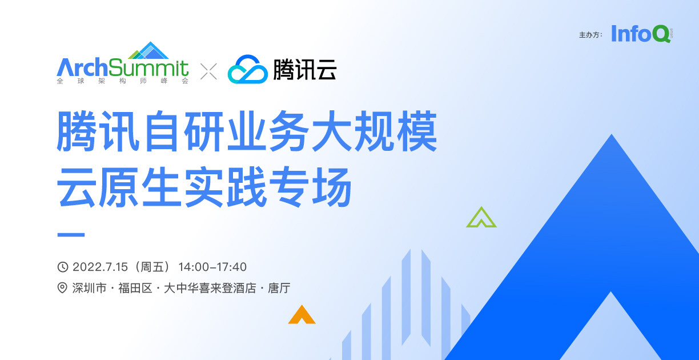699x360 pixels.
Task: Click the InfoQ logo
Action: [x=642, y=34]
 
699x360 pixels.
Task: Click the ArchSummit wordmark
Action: [x=123, y=67]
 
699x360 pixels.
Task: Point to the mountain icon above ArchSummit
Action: [x=148, y=50]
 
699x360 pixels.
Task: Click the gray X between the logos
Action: [x=208, y=71]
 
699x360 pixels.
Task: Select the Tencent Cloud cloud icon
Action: [x=248, y=69]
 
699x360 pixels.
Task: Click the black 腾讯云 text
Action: [x=304, y=69]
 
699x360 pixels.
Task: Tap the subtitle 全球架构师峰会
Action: [x=123, y=81]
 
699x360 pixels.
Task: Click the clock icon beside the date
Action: [x=63, y=267]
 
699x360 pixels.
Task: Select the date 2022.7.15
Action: [x=100, y=267]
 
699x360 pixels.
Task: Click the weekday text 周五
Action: [x=152, y=267]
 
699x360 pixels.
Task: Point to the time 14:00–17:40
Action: [x=212, y=267]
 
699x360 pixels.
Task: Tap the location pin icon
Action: [x=62, y=287]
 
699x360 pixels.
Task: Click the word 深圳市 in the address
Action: [x=89, y=288]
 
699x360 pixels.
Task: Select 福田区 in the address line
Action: [x=135, y=288]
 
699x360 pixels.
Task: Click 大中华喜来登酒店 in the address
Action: [x=210, y=288]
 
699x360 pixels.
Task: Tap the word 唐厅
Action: [x=279, y=288]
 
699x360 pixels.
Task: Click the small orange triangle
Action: [x=302, y=314]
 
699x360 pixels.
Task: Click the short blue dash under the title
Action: [x=71, y=235]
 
